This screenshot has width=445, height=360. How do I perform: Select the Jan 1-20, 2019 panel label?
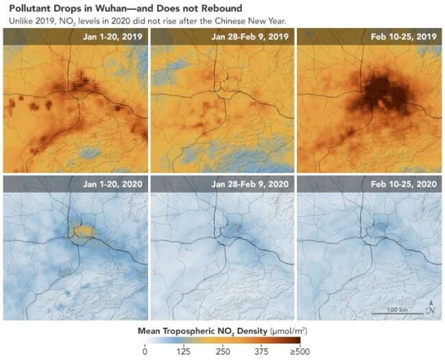coord(112,37)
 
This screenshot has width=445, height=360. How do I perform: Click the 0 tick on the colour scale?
coord(145,352)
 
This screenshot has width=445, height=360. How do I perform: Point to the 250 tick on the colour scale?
coord(222,352)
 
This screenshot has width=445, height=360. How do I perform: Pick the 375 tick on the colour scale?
coord(261,352)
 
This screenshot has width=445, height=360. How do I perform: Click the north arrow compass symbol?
coord(431,307)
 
